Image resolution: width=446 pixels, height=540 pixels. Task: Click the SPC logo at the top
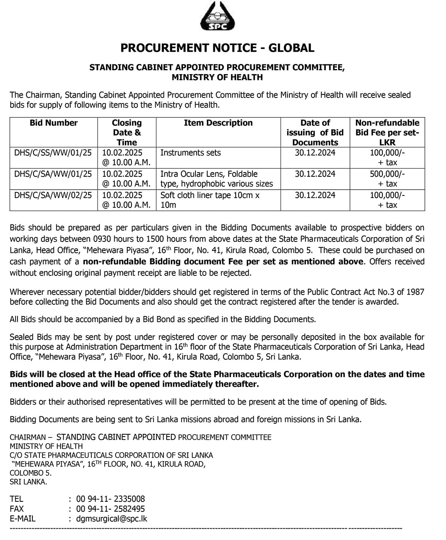(x=218, y=16)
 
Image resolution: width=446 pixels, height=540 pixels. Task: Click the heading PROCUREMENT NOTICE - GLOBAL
(x=217, y=48)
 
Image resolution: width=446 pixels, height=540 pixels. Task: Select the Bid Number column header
(x=53, y=123)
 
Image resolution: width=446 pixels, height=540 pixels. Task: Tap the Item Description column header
(x=218, y=123)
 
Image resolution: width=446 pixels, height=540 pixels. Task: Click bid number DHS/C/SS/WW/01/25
(x=53, y=153)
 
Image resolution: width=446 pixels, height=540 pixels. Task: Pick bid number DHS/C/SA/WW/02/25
(x=53, y=195)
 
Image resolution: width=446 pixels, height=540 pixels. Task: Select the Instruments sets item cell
(x=190, y=153)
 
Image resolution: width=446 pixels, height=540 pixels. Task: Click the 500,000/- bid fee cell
(x=387, y=174)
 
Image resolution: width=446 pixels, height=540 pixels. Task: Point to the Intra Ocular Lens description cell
(x=216, y=179)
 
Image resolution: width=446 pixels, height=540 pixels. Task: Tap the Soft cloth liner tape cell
(x=210, y=200)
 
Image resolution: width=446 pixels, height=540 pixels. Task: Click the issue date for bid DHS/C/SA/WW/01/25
(x=315, y=174)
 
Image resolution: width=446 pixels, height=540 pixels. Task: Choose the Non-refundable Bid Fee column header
(x=387, y=132)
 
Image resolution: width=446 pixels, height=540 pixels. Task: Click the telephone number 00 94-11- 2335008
(x=110, y=499)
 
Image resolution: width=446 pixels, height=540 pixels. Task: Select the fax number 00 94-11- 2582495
(x=110, y=509)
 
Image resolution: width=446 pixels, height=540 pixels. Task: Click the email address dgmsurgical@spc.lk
(x=112, y=519)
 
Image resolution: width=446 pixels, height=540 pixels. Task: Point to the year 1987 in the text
(x=415, y=292)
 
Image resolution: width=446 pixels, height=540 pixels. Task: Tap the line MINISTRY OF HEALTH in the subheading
(x=217, y=77)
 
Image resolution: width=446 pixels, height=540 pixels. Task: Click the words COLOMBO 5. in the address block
(x=30, y=473)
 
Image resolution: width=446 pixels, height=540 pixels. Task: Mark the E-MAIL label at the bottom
(x=22, y=519)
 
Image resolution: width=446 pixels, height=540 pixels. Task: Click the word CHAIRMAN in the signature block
(x=28, y=437)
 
